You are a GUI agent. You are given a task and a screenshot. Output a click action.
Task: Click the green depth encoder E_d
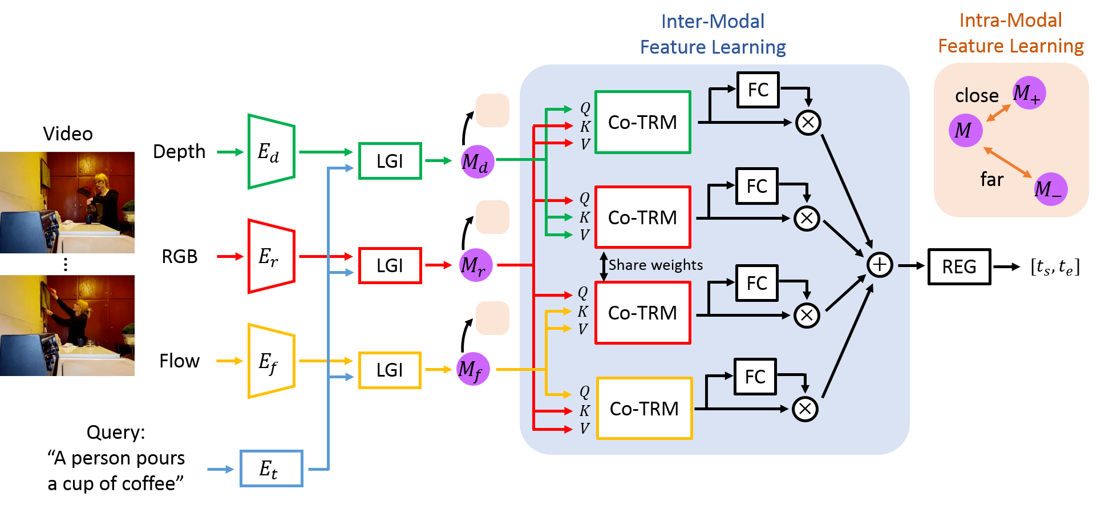pyautogui.click(x=272, y=152)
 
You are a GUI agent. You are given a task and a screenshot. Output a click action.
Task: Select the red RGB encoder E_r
pyautogui.click(x=272, y=256)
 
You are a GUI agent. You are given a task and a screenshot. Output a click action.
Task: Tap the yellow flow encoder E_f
pyautogui.click(x=272, y=361)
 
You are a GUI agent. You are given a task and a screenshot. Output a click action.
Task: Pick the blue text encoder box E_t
pyautogui.click(x=272, y=468)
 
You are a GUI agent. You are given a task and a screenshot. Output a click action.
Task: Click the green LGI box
pyautogui.click(x=390, y=161)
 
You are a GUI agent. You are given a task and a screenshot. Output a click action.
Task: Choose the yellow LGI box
pyautogui.click(x=390, y=370)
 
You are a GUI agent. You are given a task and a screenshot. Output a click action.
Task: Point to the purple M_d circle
pyautogui.click(x=477, y=162)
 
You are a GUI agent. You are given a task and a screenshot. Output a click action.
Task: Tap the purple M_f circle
pyautogui.click(x=473, y=369)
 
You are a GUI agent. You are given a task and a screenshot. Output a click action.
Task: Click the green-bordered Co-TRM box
pyautogui.click(x=643, y=122)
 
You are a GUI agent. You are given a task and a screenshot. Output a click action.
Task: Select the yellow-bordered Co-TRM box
pyautogui.click(x=645, y=409)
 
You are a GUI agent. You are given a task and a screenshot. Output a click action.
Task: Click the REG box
pyautogui.click(x=960, y=266)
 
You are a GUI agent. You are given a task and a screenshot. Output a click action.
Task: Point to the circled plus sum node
pyautogui.click(x=880, y=265)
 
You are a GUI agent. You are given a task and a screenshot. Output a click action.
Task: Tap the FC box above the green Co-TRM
pyautogui.click(x=758, y=90)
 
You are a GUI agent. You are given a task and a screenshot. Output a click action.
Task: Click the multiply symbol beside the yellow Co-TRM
pyautogui.click(x=805, y=409)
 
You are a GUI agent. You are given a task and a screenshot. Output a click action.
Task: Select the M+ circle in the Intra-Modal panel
pyautogui.click(x=1029, y=92)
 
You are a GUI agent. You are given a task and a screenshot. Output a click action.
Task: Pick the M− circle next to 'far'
pyautogui.click(x=1051, y=189)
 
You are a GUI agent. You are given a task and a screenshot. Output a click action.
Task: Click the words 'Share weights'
pyautogui.click(x=655, y=265)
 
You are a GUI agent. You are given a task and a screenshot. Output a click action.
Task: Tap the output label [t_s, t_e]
pyautogui.click(x=1055, y=266)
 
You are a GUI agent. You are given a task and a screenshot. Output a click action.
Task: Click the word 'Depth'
pyautogui.click(x=179, y=152)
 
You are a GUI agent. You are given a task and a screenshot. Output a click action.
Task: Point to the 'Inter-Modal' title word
pyautogui.click(x=713, y=21)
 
